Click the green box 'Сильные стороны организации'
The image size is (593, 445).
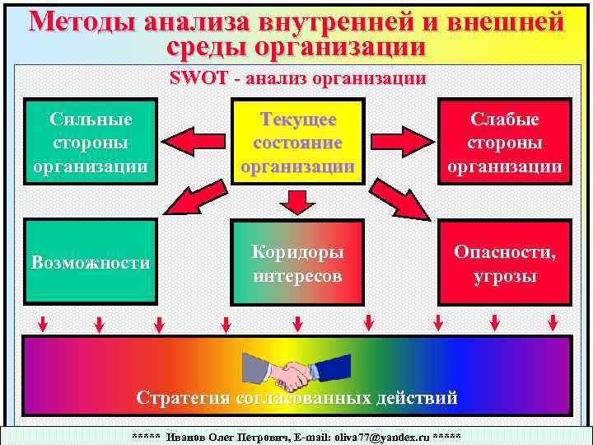[91, 143]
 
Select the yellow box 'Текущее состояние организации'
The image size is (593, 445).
[298, 143]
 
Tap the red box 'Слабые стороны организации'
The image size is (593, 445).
[504, 143]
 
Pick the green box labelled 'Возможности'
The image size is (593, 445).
[91, 262]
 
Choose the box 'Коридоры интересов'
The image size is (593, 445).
[298, 262]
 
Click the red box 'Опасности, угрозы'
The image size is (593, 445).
[504, 262]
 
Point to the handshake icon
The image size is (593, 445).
[279, 372]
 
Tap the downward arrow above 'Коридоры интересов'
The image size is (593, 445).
[297, 200]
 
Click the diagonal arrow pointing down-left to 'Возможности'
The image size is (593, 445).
[187, 200]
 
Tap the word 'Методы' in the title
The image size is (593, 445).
[76, 21]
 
